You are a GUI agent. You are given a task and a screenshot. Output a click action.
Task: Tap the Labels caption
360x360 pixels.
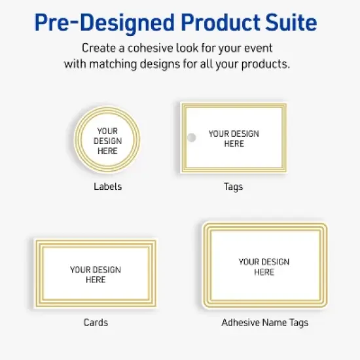coord(107,187)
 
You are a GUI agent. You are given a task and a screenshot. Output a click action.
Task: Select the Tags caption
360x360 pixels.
coord(233,187)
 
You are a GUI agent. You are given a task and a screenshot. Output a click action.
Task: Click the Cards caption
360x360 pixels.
coord(96,322)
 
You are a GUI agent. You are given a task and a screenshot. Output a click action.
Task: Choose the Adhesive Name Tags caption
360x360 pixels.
coord(264,322)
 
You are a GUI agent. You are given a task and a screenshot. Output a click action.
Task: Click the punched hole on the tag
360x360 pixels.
coord(192,137)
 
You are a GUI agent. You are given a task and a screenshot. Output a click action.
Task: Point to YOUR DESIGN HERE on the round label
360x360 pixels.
coord(107,141)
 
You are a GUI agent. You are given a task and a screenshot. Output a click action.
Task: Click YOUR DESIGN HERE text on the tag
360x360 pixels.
coord(234,138)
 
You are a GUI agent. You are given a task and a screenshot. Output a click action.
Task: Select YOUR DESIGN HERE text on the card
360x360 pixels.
coord(96,274)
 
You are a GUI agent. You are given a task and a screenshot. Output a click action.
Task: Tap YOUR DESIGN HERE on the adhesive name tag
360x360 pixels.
coord(264,266)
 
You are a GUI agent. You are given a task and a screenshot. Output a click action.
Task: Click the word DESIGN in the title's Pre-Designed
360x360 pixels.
coord(114,24)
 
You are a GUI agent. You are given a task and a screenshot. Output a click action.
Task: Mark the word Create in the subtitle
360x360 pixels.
coord(98,48)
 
